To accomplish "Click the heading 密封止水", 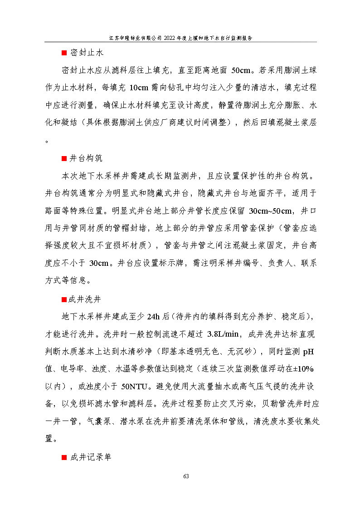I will click(x=86, y=53).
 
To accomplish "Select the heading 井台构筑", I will click(x=86, y=158).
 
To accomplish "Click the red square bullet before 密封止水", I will click(x=64, y=54).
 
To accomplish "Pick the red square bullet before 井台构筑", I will click(x=64, y=159).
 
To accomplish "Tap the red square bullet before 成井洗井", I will click(x=64, y=300).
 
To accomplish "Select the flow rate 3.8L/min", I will click(x=223, y=334).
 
